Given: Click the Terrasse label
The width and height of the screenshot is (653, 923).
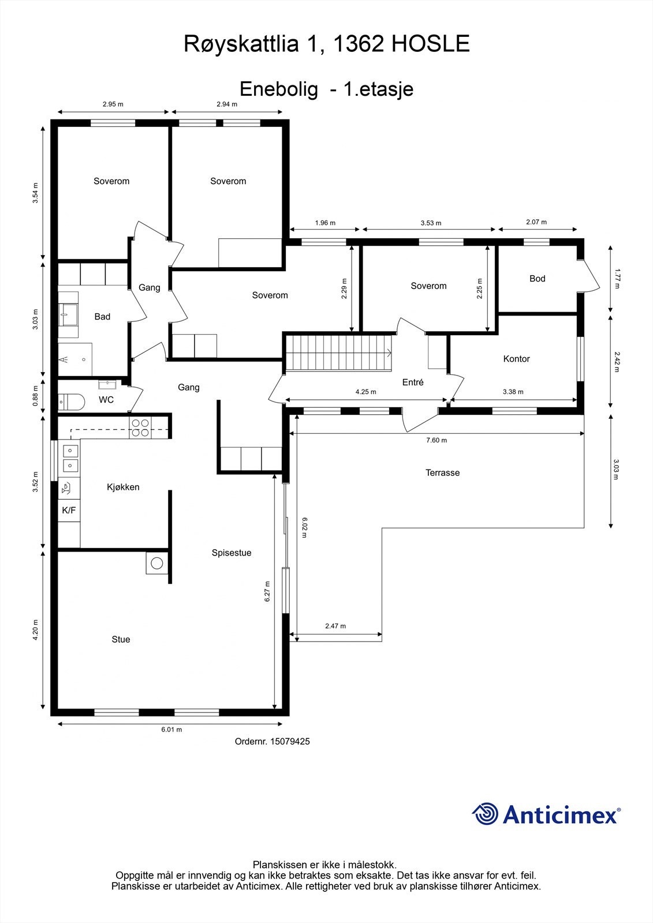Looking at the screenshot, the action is [442, 472].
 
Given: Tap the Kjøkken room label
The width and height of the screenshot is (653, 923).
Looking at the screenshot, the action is [123, 487].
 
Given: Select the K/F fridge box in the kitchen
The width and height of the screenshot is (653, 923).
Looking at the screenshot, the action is [69, 510].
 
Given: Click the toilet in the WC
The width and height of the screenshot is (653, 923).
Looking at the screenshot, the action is [71, 402].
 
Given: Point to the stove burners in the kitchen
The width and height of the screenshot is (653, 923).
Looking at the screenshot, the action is [140, 427].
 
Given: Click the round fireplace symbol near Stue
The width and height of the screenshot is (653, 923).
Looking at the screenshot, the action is [156, 563].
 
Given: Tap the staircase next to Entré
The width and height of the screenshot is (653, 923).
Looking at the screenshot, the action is [339, 352].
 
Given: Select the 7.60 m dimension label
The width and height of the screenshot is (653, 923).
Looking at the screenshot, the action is [436, 440].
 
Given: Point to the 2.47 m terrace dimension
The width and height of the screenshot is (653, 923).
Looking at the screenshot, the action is [335, 626].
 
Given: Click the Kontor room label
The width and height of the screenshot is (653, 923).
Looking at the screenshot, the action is [517, 359].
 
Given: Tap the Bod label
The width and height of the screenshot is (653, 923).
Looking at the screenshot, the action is [538, 279].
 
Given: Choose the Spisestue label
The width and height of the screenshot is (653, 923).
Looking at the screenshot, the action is [232, 553].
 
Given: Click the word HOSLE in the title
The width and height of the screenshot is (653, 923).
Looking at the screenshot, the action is [430, 44].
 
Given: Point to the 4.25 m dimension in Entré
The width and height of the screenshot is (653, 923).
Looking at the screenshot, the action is [366, 392].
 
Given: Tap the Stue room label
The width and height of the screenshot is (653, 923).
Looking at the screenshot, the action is [121, 640].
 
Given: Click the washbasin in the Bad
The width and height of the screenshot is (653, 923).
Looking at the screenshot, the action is [68, 315].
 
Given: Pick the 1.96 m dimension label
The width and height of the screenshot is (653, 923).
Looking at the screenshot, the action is [325, 223].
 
